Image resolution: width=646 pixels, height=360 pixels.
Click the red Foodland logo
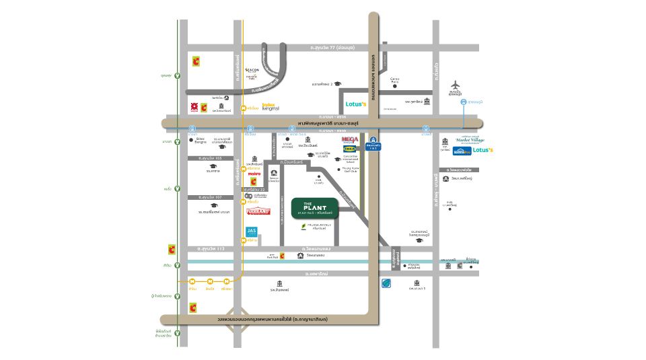point(258,211)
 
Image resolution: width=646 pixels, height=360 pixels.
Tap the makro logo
point(254,174)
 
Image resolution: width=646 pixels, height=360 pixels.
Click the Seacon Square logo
point(252,69)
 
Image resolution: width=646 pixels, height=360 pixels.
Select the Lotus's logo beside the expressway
point(355,104)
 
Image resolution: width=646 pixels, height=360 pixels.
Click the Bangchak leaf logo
point(386,283)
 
